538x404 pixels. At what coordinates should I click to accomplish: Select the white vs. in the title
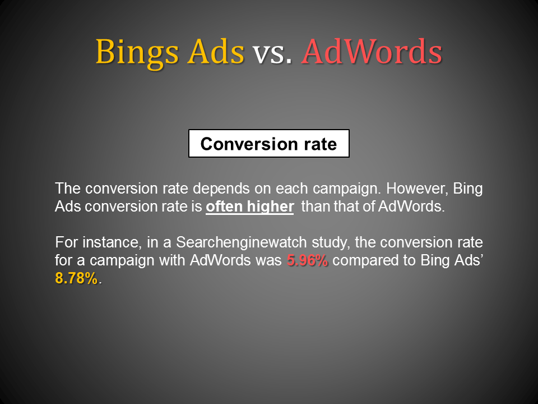click(x=272, y=52)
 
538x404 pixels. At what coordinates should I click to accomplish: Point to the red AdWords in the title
click(x=372, y=52)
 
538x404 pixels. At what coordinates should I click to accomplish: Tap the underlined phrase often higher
click(x=249, y=206)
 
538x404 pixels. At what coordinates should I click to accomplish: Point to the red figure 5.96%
click(x=307, y=261)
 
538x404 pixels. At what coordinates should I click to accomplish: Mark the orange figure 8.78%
click(x=77, y=279)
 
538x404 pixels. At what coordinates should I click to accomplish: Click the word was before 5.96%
click(x=272, y=261)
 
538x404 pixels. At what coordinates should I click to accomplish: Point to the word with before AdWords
click(x=173, y=261)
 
